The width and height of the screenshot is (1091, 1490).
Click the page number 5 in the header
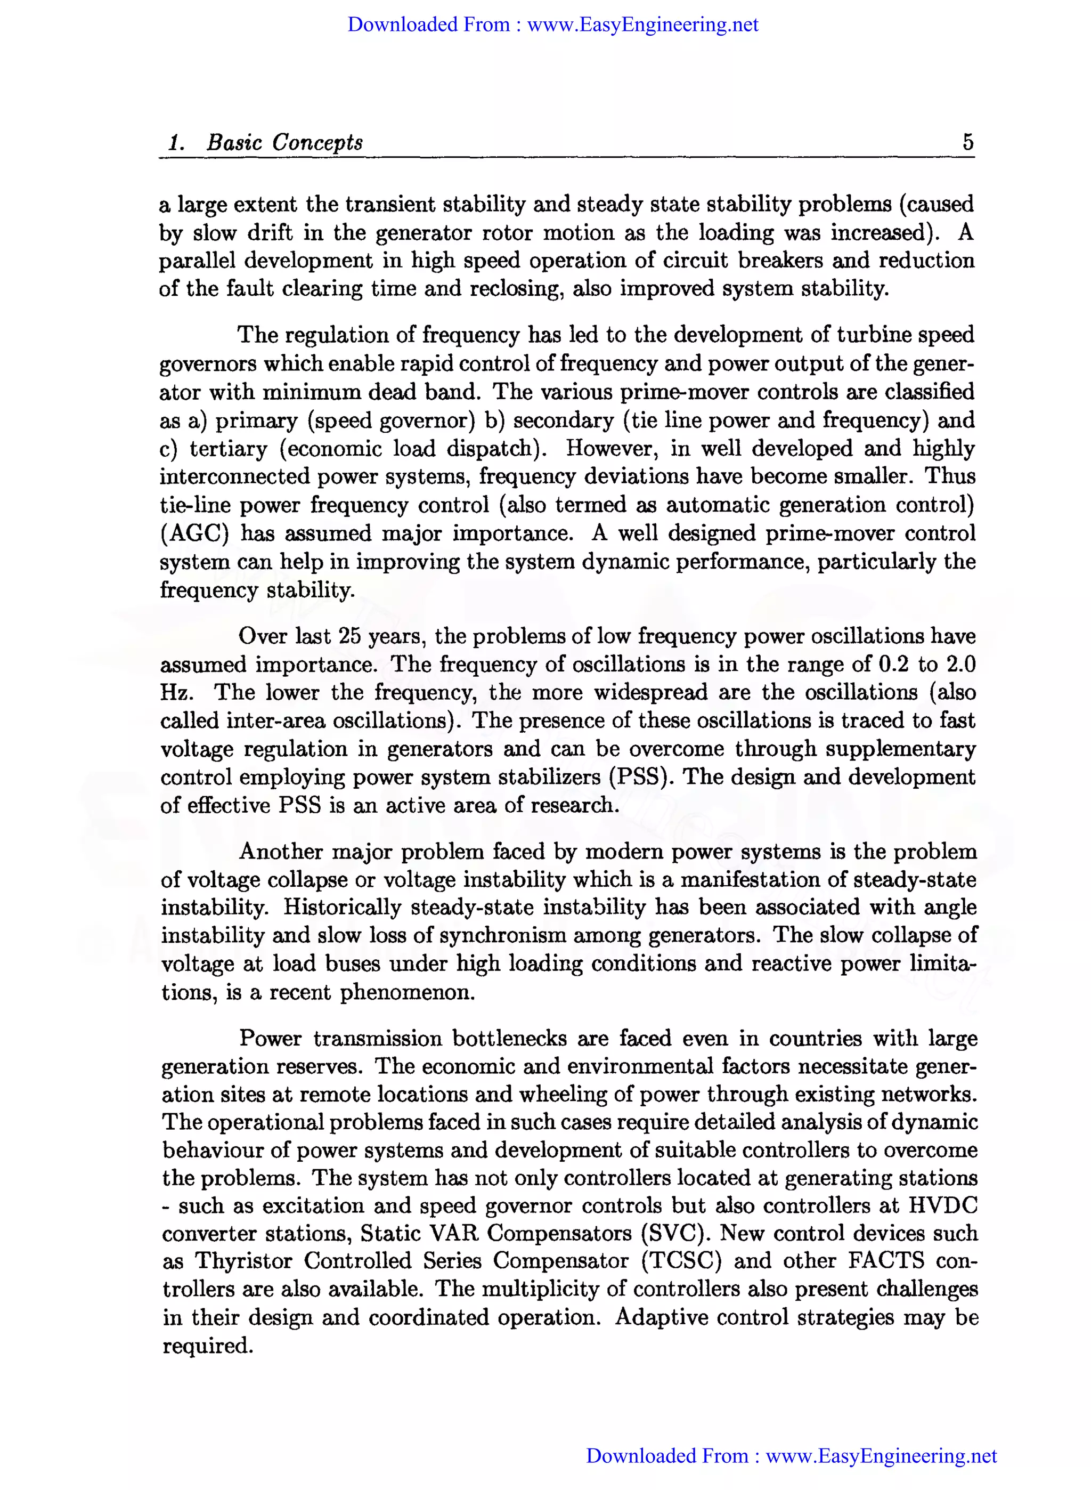[967, 141]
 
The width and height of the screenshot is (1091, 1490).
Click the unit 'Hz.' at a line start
[177, 692]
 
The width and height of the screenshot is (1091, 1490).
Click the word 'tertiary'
[229, 449]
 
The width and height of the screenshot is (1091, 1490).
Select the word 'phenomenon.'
[407, 992]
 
